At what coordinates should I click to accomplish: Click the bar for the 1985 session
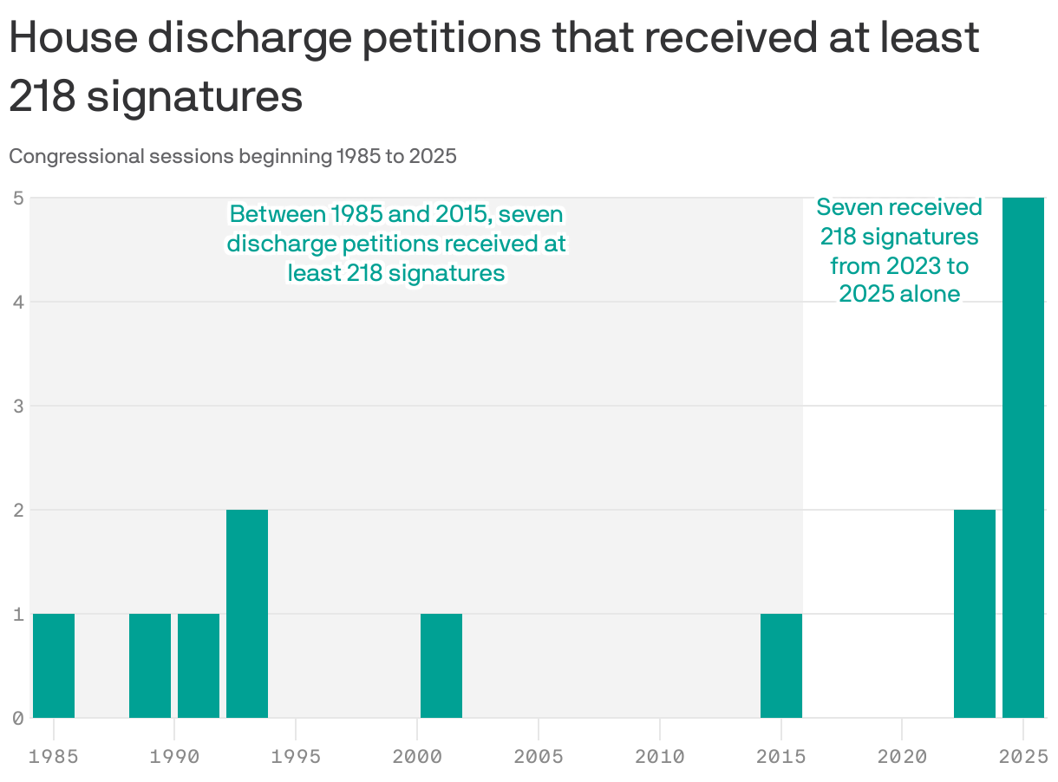(x=54, y=665)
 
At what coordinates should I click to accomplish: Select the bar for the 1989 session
(x=150, y=665)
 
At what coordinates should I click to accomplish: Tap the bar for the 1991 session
(x=199, y=665)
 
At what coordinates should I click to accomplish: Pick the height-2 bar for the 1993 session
(x=247, y=613)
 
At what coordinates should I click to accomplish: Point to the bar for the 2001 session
(x=441, y=665)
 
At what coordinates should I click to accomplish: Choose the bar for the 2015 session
(x=781, y=665)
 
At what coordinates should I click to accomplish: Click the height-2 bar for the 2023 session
(x=975, y=613)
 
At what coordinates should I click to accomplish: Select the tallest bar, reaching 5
(x=1023, y=457)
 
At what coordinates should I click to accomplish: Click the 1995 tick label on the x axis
(x=296, y=756)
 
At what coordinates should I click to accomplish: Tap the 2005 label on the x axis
(x=539, y=756)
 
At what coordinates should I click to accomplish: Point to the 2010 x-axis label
(x=660, y=756)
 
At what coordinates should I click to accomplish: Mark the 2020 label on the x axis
(x=902, y=756)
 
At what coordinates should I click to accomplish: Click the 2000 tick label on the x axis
(x=417, y=756)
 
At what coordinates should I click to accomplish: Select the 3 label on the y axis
(x=17, y=406)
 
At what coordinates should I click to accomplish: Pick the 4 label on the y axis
(x=17, y=302)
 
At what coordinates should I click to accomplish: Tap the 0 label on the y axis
(x=17, y=718)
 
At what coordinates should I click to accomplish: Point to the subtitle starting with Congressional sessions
(x=232, y=157)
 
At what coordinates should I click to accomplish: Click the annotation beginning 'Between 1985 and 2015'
(x=396, y=244)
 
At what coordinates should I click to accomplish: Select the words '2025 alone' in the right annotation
(x=899, y=294)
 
